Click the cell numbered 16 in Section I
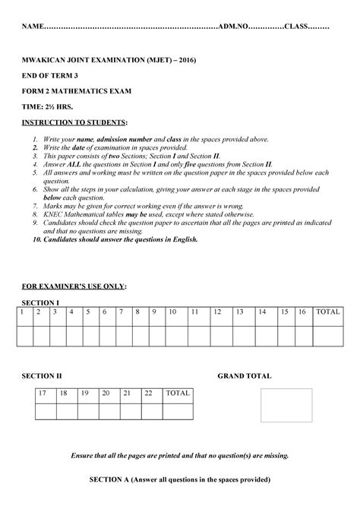302,311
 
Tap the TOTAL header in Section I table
328,311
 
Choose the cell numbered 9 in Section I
153,311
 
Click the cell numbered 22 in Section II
148,393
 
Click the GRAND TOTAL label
245,376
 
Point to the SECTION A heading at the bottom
179,480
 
